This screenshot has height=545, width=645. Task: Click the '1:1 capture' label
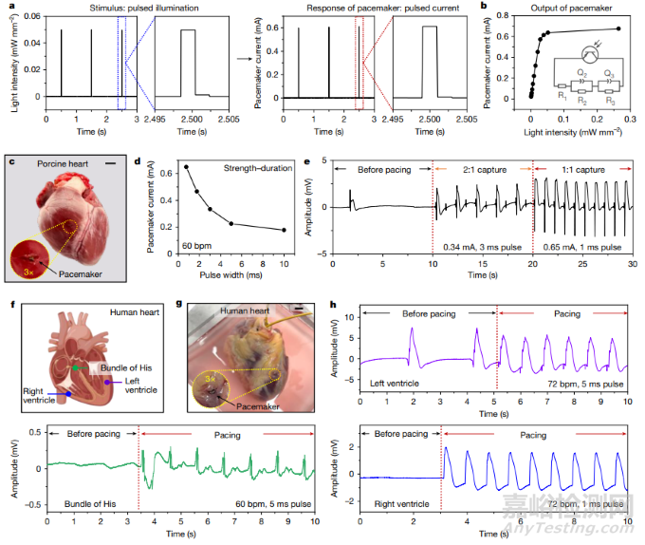coord(577,169)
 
